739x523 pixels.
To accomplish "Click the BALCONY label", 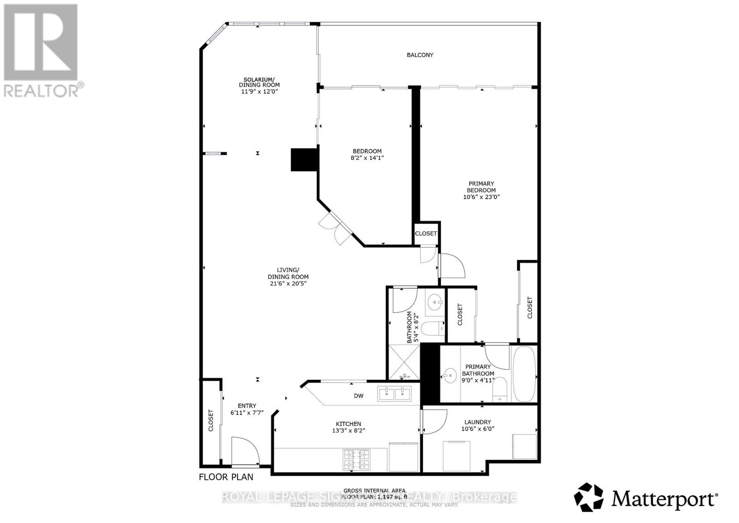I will [x=419, y=55].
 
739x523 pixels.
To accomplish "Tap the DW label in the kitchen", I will [x=358, y=396].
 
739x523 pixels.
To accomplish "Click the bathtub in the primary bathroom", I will [x=524, y=374].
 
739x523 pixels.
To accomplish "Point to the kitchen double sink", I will [x=394, y=394].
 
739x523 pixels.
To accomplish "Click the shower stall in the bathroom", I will [x=404, y=363].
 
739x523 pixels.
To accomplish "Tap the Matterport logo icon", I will [x=588, y=497].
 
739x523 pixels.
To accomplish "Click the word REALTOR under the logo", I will [x=41, y=90].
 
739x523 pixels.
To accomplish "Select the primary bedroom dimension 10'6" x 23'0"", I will [x=481, y=197].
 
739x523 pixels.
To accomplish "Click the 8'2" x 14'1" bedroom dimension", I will [x=367, y=158].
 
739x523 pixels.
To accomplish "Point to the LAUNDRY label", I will [x=478, y=422].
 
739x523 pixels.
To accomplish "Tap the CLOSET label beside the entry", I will [x=211, y=420].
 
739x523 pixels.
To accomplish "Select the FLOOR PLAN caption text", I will [x=226, y=477].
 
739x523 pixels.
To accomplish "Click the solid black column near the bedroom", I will [x=304, y=160].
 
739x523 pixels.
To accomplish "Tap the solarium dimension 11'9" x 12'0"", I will [x=259, y=91].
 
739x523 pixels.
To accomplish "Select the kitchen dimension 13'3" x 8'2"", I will [x=348, y=430].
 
